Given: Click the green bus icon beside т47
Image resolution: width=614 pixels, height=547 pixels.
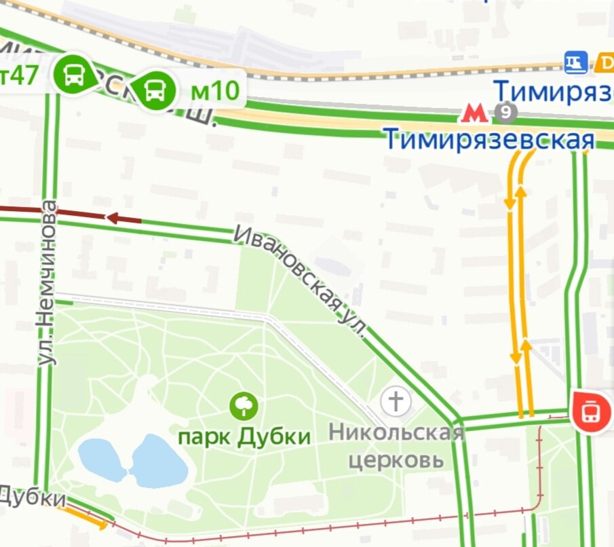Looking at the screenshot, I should point(74,74).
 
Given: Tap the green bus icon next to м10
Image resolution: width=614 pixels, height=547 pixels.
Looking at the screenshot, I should point(153,90).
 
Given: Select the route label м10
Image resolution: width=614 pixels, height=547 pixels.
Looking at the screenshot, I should point(214,90).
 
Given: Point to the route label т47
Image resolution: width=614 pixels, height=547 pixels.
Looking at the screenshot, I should point(18,75).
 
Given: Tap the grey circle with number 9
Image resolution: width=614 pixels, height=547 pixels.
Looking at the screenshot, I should point(505,112).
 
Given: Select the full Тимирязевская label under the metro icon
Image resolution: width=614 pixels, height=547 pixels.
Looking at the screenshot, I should point(488,139).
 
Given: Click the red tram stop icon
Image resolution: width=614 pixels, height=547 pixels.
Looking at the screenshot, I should point(591,411).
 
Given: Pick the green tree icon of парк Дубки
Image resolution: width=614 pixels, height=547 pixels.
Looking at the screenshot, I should point(244,407).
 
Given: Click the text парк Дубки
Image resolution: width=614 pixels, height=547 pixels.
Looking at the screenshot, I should point(244,436).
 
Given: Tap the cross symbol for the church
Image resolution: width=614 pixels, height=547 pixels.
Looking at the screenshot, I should point(396,400).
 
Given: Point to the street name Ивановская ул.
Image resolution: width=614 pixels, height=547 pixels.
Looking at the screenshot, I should point(301,282).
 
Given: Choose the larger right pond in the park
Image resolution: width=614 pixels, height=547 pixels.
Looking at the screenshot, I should point(159,461).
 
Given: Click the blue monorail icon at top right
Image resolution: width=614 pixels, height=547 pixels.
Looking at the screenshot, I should point(575,63).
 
